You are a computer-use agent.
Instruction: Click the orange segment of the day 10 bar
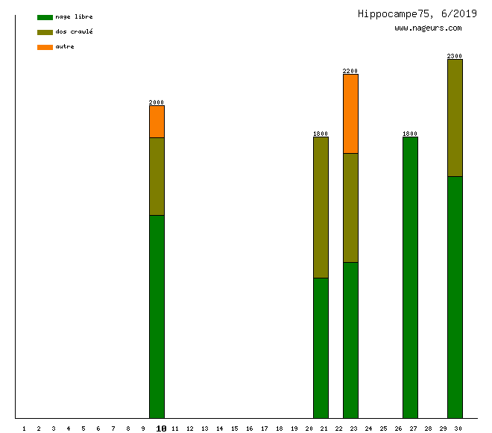(157, 122)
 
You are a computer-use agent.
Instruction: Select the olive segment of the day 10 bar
(157, 176)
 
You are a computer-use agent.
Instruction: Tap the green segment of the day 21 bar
(321, 348)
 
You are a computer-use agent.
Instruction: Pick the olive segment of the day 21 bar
(321, 208)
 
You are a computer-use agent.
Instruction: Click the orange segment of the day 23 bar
(350, 113)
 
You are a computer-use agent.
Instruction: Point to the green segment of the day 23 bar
(350, 340)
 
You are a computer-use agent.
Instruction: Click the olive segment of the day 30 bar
(455, 118)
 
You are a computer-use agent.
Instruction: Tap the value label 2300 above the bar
(455, 56)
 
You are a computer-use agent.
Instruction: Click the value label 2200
(350, 71)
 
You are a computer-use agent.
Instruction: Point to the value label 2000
(157, 102)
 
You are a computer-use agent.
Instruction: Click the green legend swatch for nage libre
(45, 17)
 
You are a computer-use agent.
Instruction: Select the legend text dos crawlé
(74, 32)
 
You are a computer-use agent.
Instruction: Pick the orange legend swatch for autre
(45, 47)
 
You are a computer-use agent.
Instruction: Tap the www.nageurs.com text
(428, 28)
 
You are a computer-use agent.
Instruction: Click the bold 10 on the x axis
(161, 429)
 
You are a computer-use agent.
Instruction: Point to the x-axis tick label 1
(24, 429)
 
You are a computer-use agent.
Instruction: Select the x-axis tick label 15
(234, 429)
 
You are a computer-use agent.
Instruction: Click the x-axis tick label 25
(383, 429)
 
